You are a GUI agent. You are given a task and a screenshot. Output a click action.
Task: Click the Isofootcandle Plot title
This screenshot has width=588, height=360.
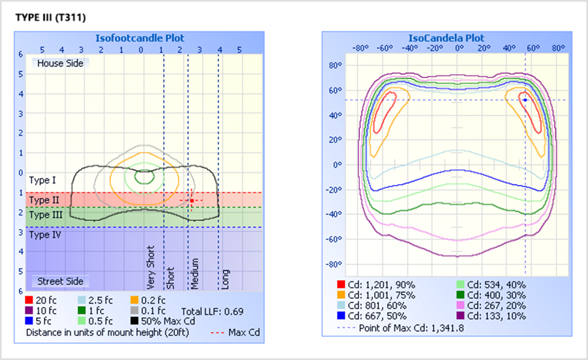coord(140,38)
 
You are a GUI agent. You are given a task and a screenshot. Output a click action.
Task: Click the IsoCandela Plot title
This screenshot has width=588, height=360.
coord(446,38)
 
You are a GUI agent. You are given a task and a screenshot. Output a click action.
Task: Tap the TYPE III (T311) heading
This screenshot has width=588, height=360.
coord(51,18)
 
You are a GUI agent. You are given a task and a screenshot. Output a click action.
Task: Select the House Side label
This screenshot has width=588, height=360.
coord(60,63)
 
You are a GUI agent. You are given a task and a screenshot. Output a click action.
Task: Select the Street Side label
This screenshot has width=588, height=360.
coord(60,281)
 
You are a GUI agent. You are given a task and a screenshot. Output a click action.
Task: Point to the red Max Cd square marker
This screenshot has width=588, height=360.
coord(192,201)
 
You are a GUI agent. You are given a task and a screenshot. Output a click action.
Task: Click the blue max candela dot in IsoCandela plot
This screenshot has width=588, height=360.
coord(525,100)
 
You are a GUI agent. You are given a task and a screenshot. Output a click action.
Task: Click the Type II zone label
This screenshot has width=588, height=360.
coord(44,200)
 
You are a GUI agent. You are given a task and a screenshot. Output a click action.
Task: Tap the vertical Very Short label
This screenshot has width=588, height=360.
coord(152,268)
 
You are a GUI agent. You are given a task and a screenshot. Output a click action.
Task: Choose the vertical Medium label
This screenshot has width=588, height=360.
coord(195,274)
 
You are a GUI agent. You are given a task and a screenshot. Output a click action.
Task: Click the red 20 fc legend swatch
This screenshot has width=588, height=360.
coord(29,300)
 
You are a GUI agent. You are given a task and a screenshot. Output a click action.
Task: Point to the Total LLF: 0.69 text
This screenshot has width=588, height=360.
coord(212,311)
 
